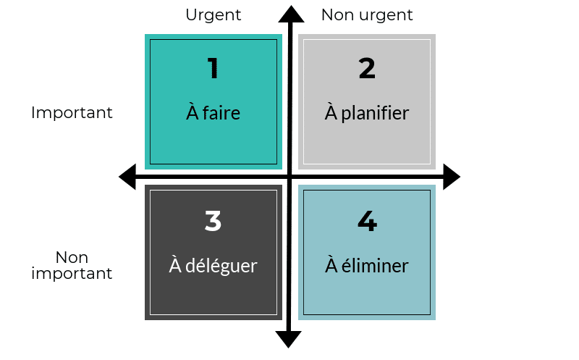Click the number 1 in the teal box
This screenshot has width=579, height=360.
coord(213,68)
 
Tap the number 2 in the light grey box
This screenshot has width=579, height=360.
coord(367,68)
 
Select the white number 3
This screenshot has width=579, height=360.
coord(213,221)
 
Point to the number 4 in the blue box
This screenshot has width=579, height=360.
coord(367,221)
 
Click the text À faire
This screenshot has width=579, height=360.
coord(213,112)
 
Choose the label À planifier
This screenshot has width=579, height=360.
coord(367,113)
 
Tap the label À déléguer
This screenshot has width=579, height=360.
coord(213,265)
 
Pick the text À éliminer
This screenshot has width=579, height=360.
coord(367,265)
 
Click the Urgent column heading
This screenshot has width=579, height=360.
coord(213,15)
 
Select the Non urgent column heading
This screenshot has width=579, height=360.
coord(367,15)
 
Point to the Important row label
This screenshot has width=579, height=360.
coord(72,113)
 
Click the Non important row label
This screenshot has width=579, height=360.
coord(72,265)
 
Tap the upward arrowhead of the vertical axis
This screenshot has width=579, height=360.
coord(291,14)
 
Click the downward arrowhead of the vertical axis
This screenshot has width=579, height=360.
coord(288,339)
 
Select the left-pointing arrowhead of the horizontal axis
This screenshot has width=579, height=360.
coord(127,177)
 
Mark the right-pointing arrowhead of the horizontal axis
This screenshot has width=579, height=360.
coord(452,177)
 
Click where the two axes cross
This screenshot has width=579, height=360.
coord(290,177)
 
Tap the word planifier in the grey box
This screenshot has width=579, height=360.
coord(375,114)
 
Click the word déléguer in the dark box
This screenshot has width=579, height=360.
coord(221,266)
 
